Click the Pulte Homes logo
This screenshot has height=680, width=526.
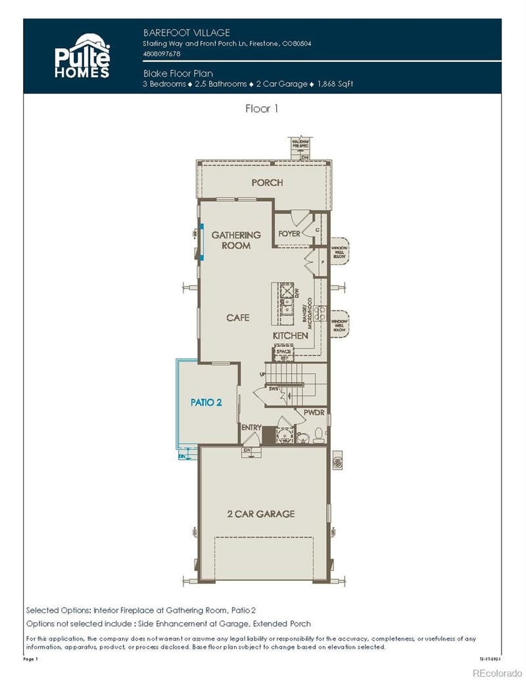82,57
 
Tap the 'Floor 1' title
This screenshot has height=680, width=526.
262,109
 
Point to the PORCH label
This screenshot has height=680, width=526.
267,182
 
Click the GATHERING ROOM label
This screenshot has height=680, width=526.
235,240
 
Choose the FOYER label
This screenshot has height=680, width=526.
289,233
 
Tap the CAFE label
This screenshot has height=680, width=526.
237,317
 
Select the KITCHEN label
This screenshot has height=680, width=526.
291,335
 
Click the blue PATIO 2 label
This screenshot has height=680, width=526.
206,402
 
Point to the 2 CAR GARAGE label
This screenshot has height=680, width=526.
262,514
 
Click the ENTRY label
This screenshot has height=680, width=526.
251,428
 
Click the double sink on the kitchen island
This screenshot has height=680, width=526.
287,303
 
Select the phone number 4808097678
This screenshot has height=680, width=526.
161,53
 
